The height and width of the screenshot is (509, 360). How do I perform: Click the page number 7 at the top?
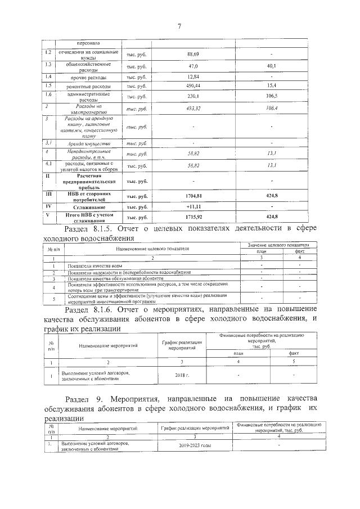click(179, 26)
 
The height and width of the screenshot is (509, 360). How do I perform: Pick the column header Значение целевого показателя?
click(278, 246)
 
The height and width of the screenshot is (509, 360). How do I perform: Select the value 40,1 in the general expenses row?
click(272, 66)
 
